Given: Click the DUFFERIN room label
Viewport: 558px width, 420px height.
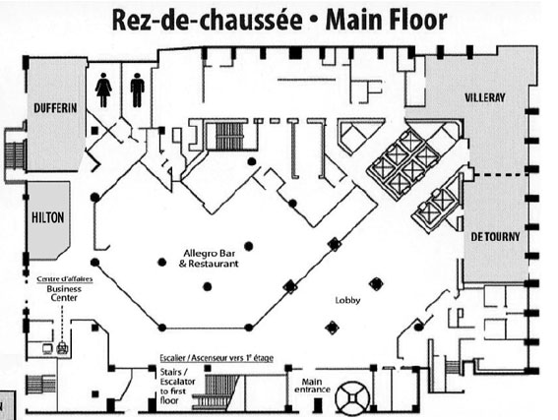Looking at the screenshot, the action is click(55, 108).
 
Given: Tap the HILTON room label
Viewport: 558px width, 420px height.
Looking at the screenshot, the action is click(47, 217).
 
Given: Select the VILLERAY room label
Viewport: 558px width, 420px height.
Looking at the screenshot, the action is click(485, 97).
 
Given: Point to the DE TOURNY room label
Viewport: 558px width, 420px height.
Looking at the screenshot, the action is click(495, 236).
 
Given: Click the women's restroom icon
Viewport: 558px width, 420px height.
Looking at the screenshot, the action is click(103, 90).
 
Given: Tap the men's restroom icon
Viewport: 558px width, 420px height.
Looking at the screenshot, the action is click(138, 90).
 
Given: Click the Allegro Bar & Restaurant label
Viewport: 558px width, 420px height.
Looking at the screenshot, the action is click(209, 259).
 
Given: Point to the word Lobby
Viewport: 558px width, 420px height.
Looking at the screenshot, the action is click(347, 301).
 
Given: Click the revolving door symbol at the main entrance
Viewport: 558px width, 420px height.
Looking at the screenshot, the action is click(352, 398).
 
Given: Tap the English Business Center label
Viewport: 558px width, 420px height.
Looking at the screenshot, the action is click(64, 293).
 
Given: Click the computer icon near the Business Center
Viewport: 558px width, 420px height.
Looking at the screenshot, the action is click(47, 349).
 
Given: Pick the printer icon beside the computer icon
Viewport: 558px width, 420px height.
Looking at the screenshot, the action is click(62, 347).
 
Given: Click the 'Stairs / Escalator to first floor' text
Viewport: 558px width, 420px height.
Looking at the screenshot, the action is click(177, 387).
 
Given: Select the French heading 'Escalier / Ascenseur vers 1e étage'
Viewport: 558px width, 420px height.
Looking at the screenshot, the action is click(217, 358).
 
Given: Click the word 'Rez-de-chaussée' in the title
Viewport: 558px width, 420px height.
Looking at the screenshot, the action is click(207, 20).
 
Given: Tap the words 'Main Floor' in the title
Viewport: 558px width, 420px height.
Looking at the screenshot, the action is click(386, 20).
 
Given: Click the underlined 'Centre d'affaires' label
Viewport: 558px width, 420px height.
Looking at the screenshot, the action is click(65, 279).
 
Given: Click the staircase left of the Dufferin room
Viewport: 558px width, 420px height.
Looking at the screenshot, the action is click(16, 155).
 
